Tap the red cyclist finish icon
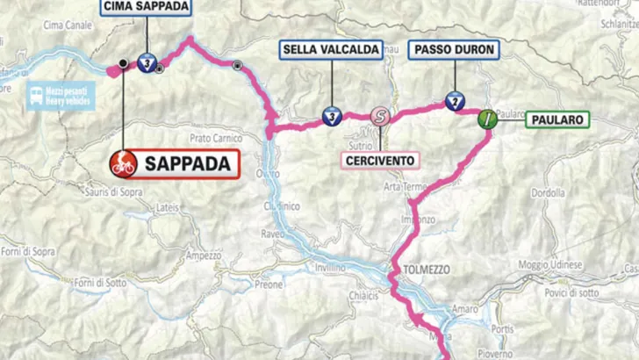pos(122,162)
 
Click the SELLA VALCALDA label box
pos(331,50)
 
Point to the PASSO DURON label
pos(452,50)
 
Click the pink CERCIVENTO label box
pos(380,162)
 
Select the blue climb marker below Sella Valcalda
pos(330,116)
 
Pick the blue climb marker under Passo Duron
pos(453,101)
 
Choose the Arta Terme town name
pos(404,187)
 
